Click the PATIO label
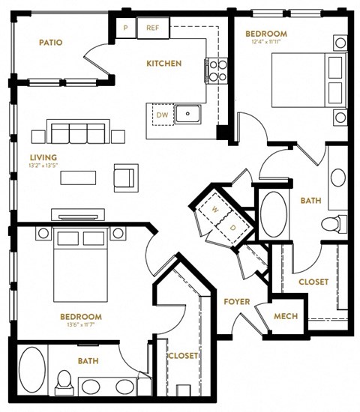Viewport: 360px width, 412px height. [50, 43]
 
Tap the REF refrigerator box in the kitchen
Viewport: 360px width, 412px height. [152, 28]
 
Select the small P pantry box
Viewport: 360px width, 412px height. [126, 28]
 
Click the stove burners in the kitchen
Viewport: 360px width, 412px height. [217, 70]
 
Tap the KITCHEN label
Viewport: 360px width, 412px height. [163, 64]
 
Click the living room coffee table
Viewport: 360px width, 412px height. [79, 178]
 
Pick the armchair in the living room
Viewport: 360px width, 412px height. [124, 177]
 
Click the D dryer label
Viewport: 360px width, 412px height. [232, 227]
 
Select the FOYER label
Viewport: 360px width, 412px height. [236, 302]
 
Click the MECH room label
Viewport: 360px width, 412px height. [285, 316]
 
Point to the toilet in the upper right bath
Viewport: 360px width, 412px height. [330, 223]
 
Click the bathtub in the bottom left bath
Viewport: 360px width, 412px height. [32, 370]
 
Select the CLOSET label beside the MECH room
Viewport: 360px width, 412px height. [313, 282]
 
